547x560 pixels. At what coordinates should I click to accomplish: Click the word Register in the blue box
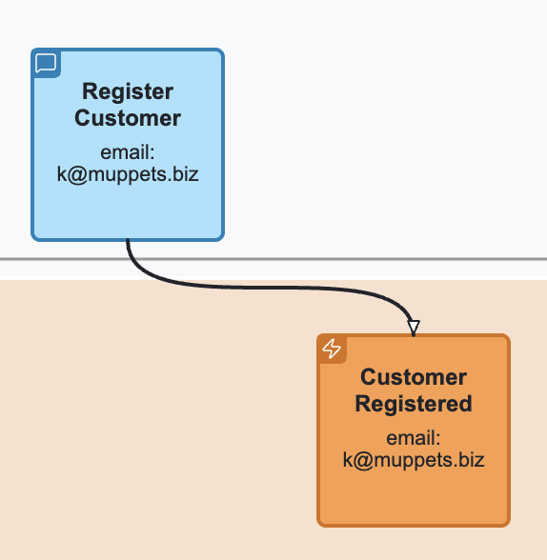click(x=128, y=92)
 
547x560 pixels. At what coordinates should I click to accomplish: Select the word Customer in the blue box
click(x=128, y=119)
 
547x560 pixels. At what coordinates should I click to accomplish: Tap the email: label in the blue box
click(x=128, y=153)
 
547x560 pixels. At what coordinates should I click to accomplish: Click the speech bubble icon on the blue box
click(x=46, y=64)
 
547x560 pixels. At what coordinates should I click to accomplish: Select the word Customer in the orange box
click(x=414, y=377)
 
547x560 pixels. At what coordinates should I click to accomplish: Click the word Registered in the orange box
click(x=414, y=404)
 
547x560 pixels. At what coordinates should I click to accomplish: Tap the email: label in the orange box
click(x=414, y=438)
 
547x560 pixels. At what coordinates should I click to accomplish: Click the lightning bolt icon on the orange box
click(x=332, y=349)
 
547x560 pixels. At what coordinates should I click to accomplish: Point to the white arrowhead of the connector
click(x=413, y=327)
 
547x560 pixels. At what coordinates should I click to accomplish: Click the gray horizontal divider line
click(x=286, y=259)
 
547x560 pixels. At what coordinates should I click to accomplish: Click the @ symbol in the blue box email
click(x=78, y=175)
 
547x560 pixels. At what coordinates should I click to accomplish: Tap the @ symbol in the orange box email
click(x=364, y=460)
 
